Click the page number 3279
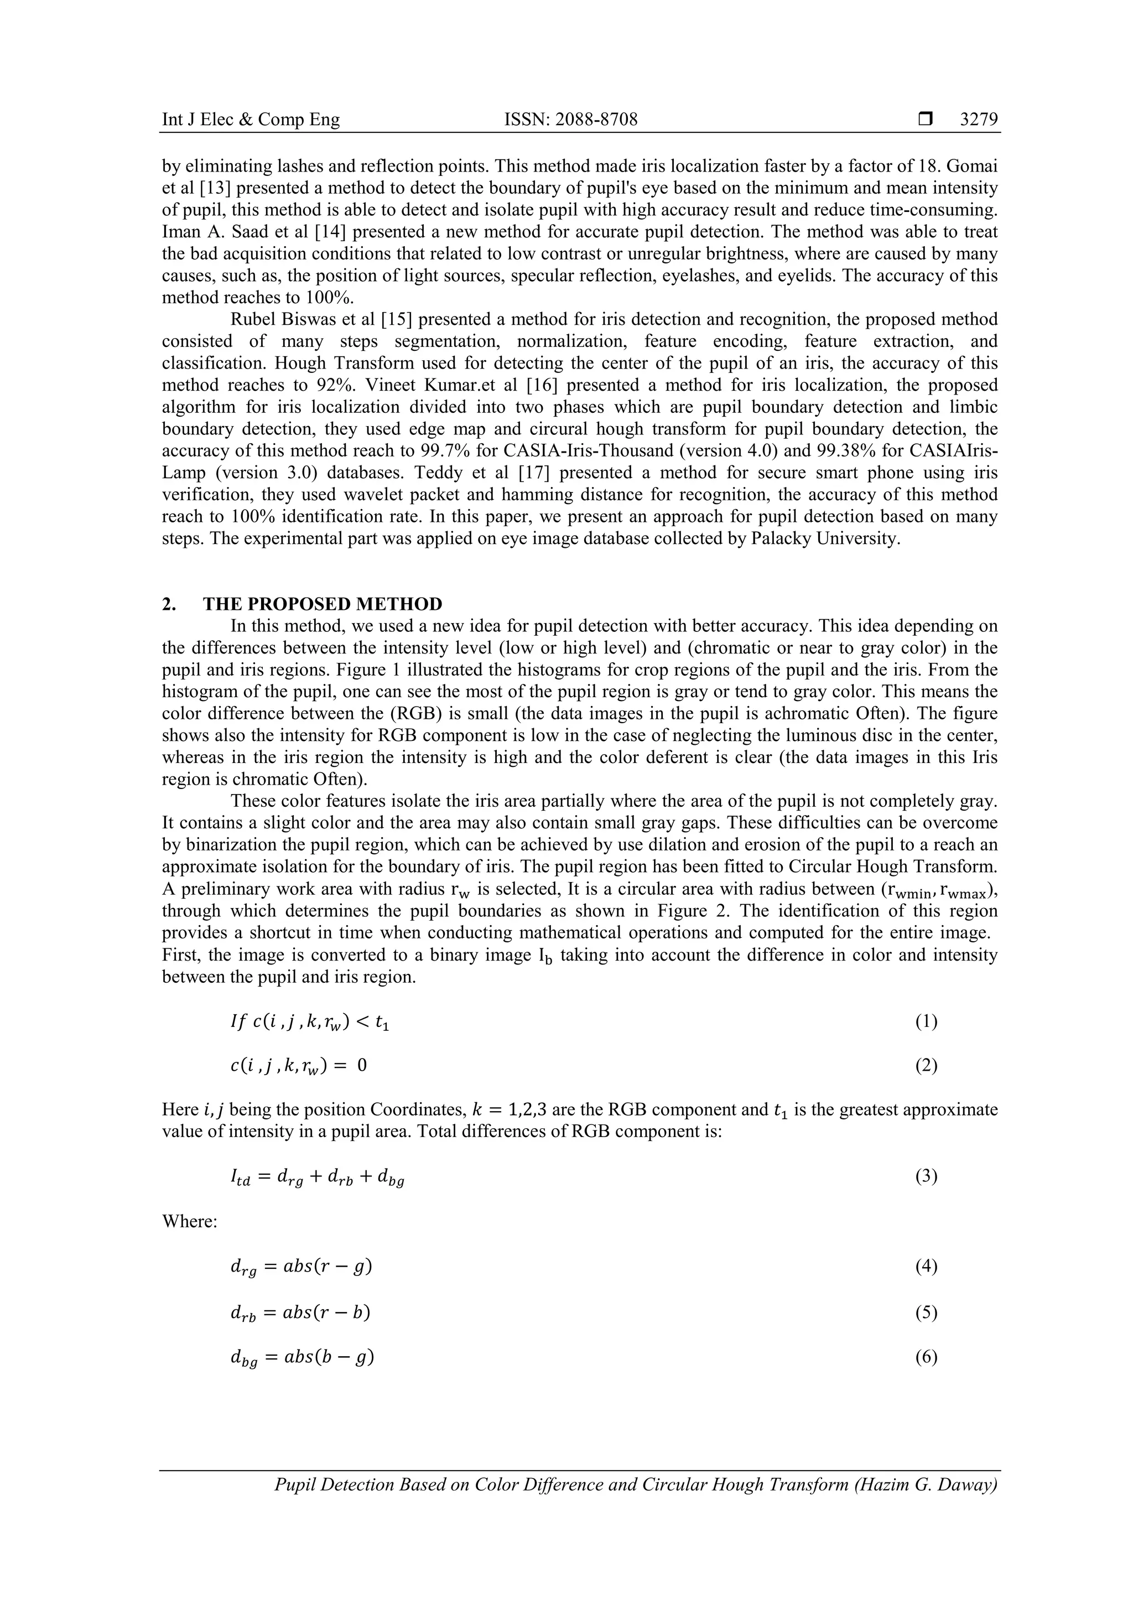979,120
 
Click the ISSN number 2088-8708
570,120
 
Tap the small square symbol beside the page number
925,120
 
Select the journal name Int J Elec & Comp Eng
251,120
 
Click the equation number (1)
926,1022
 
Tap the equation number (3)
926,1177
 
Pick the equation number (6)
926,1357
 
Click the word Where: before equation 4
190,1221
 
